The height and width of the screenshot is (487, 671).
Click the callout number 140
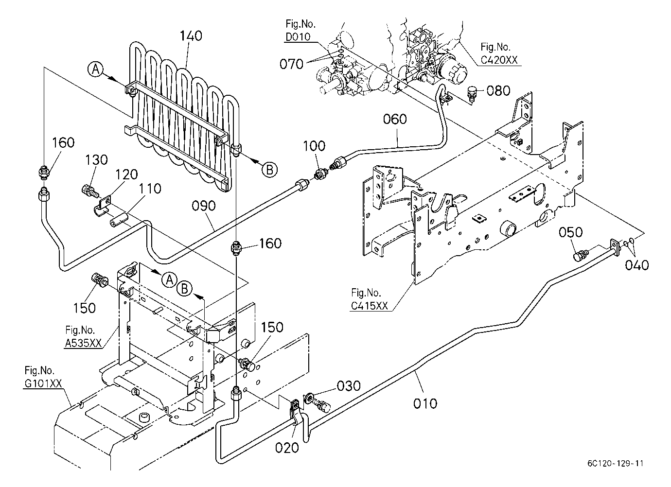[191, 36]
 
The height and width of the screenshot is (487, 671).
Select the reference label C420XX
[499, 60]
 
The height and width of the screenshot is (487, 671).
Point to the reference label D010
[298, 37]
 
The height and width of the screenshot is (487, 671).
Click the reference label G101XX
[43, 383]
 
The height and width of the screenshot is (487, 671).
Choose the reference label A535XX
[83, 343]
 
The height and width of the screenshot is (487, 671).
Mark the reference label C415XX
[370, 306]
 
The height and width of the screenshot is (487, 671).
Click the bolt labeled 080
[472, 93]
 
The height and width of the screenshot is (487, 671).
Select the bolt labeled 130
[89, 191]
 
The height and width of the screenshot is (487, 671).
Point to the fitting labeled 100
[320, 173]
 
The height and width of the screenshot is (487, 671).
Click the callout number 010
[425, 403]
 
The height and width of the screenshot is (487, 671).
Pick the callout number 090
[204, 206]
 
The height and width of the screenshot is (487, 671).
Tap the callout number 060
[395, 119]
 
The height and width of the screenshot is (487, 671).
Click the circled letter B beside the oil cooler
[269, 170]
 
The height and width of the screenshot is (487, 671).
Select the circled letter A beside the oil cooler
[96, 70]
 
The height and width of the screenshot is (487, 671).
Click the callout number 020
[287, 448]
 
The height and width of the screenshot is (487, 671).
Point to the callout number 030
[349, 386]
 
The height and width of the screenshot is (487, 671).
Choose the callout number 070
[291, 64]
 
